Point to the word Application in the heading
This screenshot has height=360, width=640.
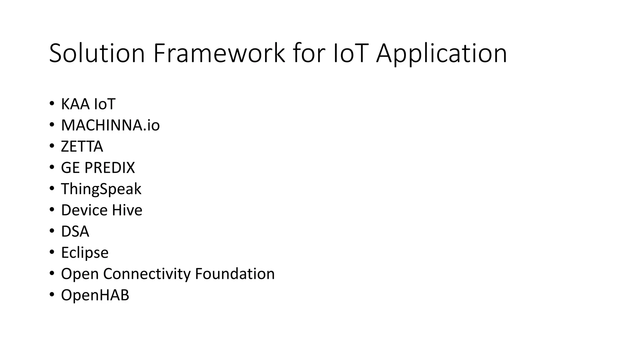[x=441, y=54]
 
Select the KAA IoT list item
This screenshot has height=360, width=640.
[x=88, y=104]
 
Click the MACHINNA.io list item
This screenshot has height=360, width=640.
[x=110, y=125]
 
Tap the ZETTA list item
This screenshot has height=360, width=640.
[x=82, y=147]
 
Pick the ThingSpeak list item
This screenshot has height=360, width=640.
[x=101, y=189]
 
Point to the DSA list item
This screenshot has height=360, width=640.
[x=75, y=232]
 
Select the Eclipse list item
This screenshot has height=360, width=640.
[x=85, y=252]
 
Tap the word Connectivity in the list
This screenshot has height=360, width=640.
[x=147, y=274]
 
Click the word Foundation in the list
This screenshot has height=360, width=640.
[x=235, y=274]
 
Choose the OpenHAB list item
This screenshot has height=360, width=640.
[x=95, y=295]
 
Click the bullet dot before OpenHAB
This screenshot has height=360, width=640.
[x=52, y=294]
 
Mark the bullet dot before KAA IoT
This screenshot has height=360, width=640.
[x=52, y=103]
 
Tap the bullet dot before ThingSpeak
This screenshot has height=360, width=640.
[x=52, y=188]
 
